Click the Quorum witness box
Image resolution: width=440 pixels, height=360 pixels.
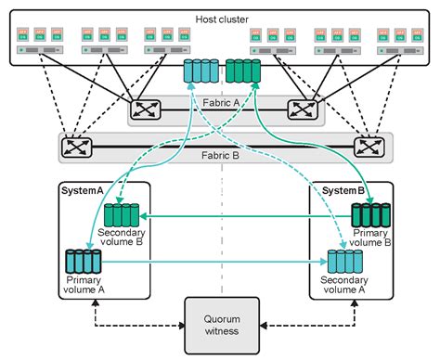tap(221, 325)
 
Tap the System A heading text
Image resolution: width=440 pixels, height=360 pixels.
tap(83, 190)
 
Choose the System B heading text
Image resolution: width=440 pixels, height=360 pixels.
tap(343, 190)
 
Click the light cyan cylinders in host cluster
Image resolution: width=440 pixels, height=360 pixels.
tap(200, 71)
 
